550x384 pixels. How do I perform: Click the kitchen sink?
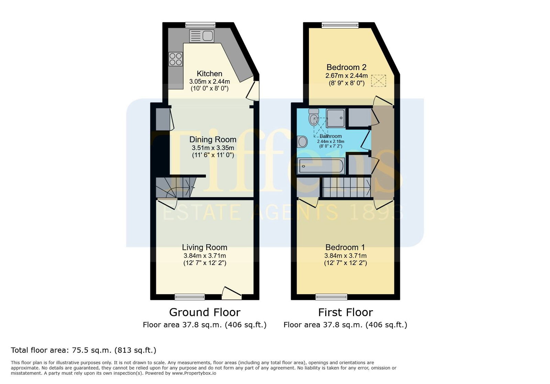[201, 36]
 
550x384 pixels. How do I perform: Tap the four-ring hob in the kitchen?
[176, 59]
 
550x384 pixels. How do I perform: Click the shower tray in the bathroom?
[335, 118]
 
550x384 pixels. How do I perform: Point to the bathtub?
[321, 166]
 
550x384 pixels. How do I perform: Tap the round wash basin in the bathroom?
[302, 142]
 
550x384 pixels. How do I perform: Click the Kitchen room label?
[209, 73]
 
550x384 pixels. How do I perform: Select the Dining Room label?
[213, 139]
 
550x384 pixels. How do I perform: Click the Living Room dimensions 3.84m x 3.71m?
[205, 256]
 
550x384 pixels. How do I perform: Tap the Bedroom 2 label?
[346, 67]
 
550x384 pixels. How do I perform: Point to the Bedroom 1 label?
[345, 247]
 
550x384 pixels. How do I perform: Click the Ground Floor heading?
[205, 312]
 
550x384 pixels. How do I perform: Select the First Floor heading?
[345, 312]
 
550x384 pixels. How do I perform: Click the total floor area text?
[84, 350]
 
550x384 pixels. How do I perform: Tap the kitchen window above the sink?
[200, 25]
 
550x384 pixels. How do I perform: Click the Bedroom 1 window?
[331, 297]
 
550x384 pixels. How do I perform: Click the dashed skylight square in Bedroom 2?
[378, 81]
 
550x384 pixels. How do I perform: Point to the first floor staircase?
[346, 187]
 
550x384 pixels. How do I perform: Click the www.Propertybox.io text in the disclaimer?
[194, 373]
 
